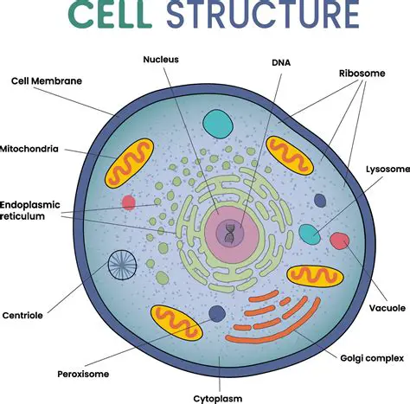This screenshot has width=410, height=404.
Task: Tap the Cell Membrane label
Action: pos(46,80)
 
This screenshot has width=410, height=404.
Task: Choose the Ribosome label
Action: pos(362,74)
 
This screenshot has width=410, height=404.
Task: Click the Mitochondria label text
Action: pos(29,149)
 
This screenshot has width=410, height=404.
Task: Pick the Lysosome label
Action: pos(386,170)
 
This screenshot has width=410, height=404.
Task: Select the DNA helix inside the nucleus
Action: pos(230,232)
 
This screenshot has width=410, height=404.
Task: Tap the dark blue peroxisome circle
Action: pos(217,314)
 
